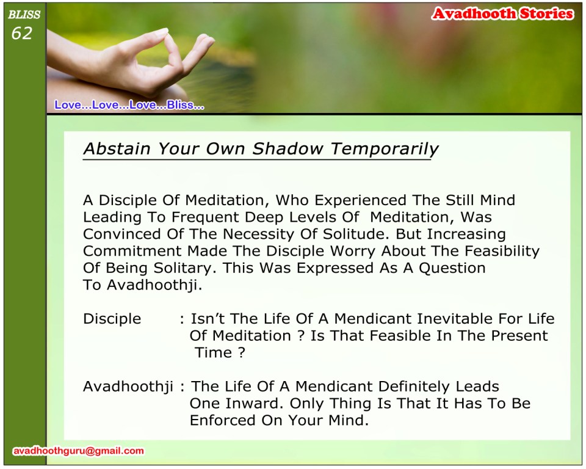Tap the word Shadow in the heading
point(288,148)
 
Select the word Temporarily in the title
point(385,149)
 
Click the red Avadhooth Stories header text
point(502,14)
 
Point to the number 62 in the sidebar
point(22,34)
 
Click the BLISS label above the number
point(24,15)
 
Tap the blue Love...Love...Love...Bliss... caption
point(129,104)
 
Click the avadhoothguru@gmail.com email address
point(79,451)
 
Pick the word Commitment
point(132,251)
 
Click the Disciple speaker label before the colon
point(112,319)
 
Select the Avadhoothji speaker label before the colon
point(128,387)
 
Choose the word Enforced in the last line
point(222,420)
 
